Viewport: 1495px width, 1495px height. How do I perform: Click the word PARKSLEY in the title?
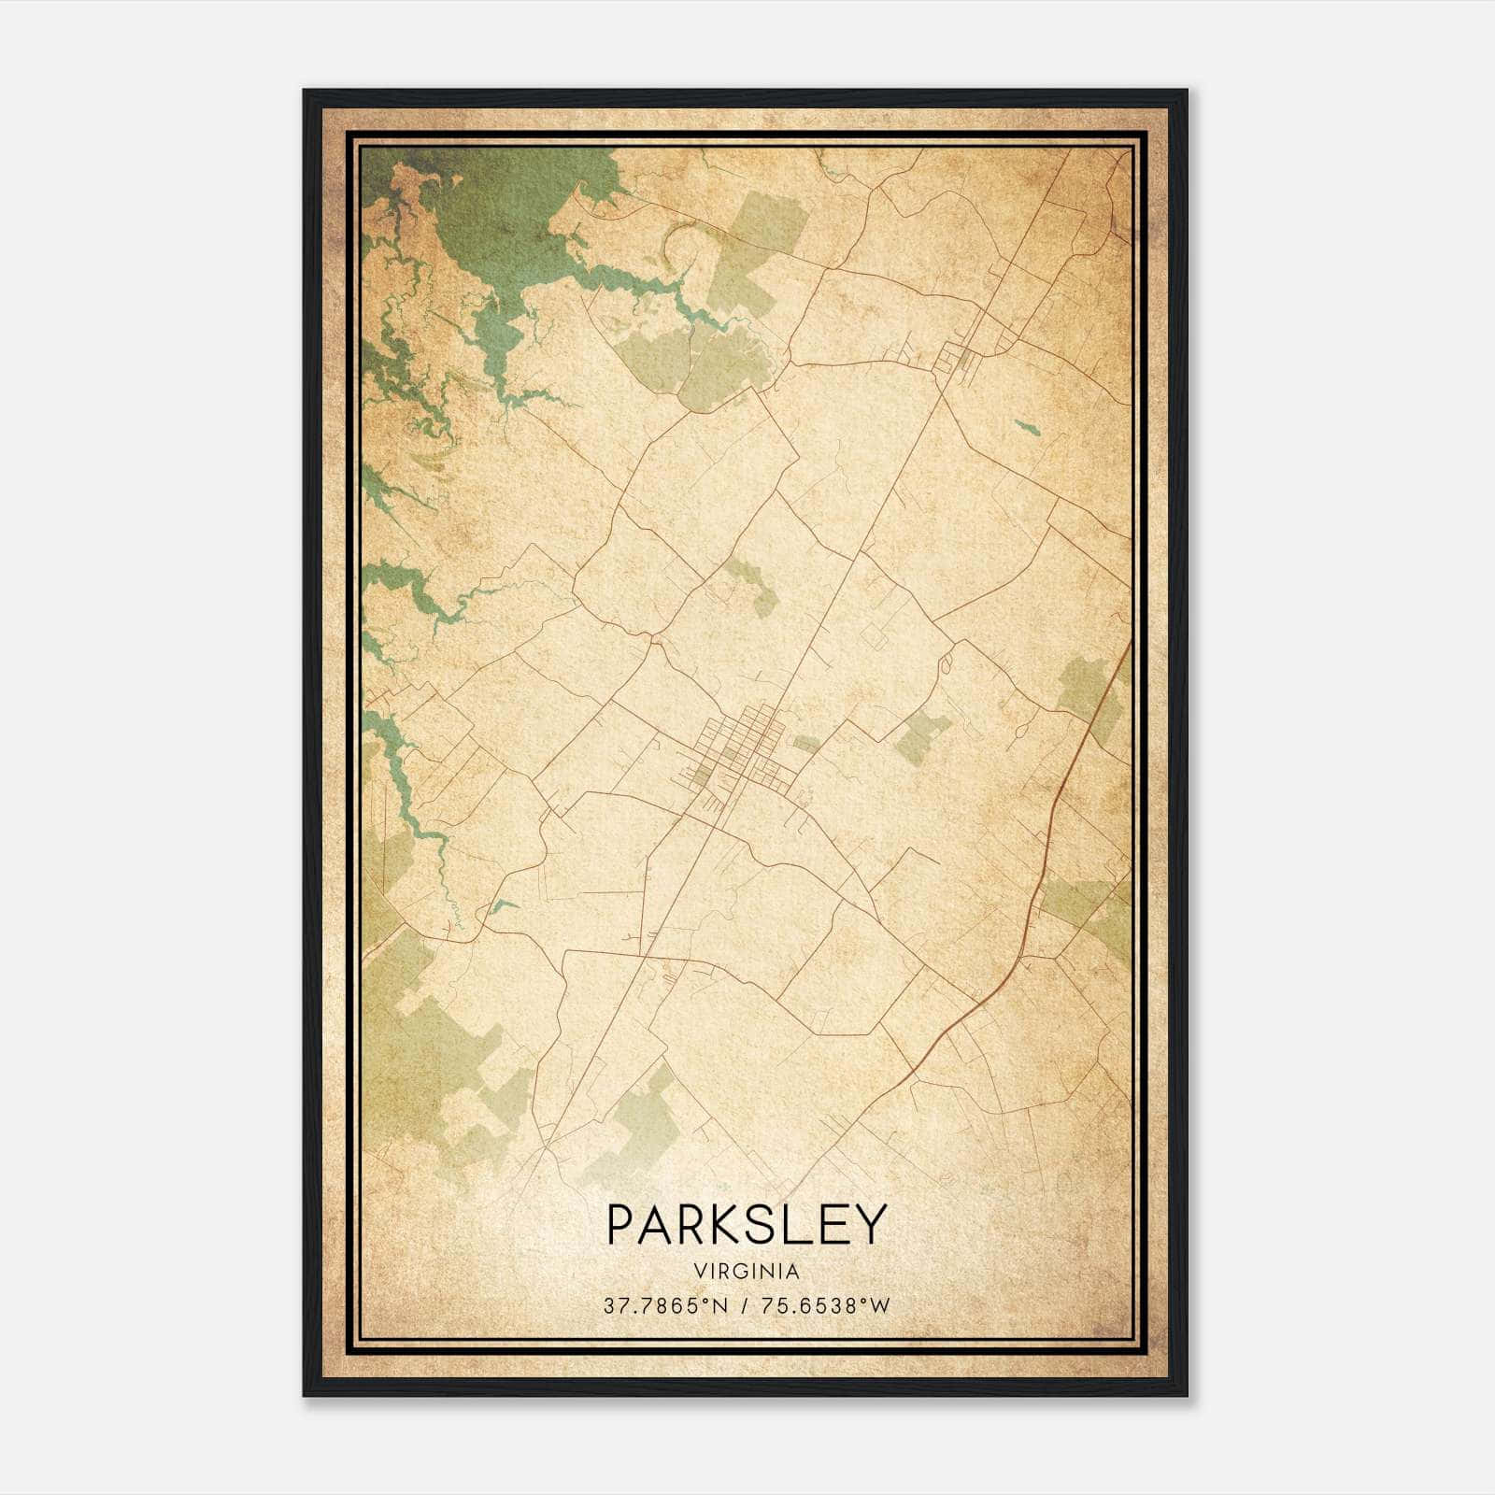click(746, 1225)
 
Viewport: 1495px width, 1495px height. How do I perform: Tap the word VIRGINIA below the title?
click(746, 1272)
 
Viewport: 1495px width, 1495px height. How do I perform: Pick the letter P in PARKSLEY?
click(621, 1225)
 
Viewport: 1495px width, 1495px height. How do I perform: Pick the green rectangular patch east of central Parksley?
click(921, 733)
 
